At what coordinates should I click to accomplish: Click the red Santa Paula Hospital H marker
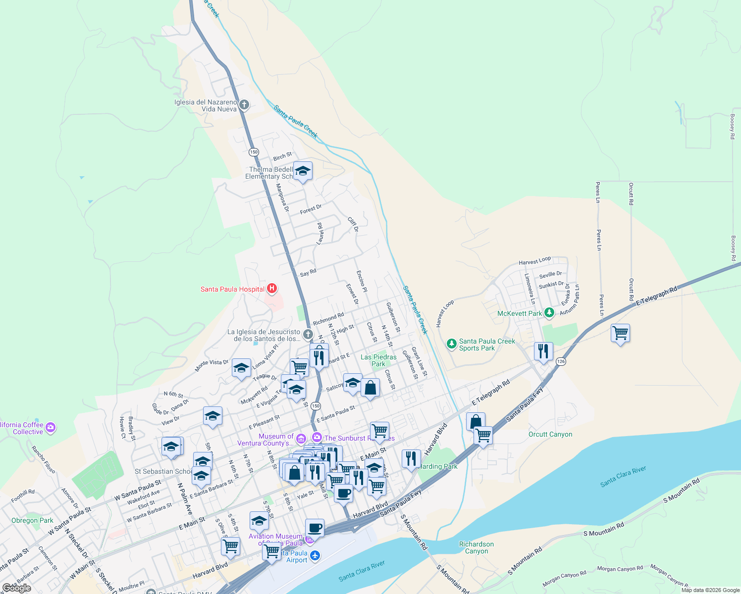click(271, 289)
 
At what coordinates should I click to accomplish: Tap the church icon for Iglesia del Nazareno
click(244, 105)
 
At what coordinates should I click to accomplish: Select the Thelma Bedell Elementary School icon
click(303, 171)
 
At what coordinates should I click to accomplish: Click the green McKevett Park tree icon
click(549, 313)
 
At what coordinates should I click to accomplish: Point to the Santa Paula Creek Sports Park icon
click(451, 344)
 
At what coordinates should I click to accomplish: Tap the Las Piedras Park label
click(378, 360)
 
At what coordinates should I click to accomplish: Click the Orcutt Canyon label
click(550, 434)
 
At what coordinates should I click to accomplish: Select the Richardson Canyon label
click(476, 547)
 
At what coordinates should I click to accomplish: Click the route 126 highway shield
click(561, 362)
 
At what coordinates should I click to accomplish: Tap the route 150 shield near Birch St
click(254, 152)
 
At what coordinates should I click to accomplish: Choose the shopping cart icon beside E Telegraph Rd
click(620, 333)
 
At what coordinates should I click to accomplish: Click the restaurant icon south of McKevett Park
click(543, 351)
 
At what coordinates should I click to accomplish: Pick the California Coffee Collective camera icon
click(51, 427)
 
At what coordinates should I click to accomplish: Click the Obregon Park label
click(32, 520)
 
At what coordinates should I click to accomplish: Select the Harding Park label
click(438, 466)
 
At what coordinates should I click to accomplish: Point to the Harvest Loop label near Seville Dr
click(534, 261)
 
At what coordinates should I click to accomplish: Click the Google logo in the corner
click(17, 588)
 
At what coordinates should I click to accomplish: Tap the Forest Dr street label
click(311, 210)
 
